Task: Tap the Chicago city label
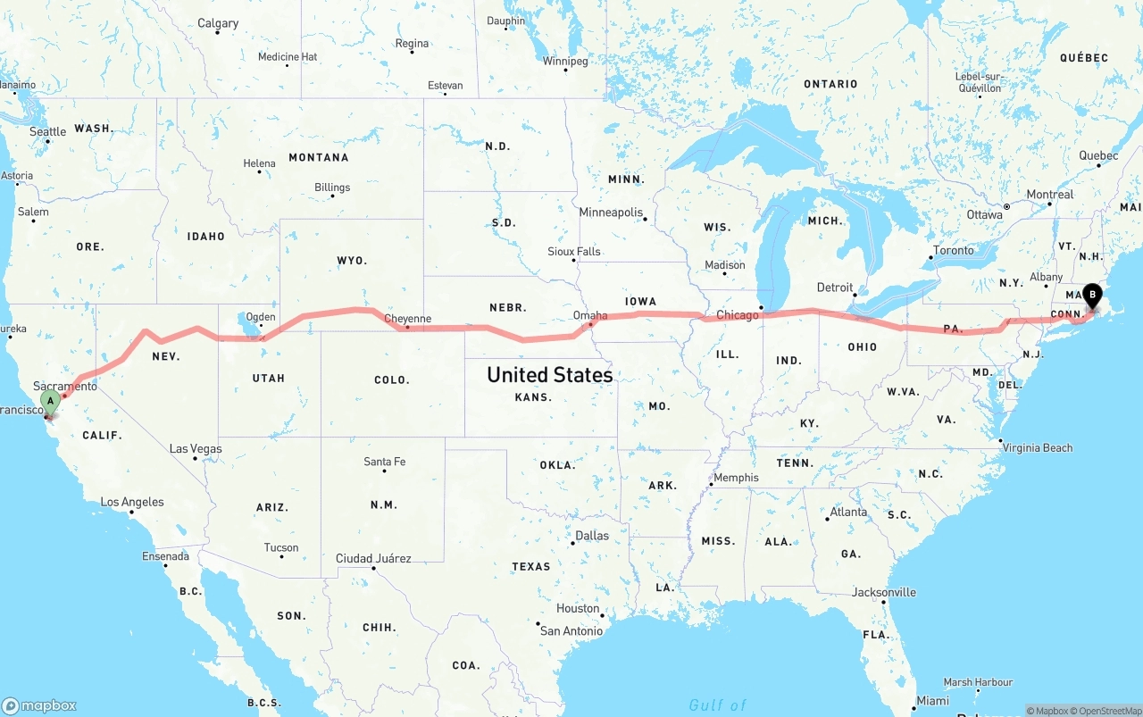[737, 315]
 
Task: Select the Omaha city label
[590, 316]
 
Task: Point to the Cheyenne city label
[407, 319]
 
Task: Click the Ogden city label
[261, 317]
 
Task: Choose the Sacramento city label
[65, 386]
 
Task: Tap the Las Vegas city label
[196, 449]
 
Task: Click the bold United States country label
[549, 375]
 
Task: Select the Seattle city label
[47, 132]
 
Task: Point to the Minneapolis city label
[611, 213]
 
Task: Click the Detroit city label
[835, 288]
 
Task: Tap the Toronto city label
[954, 251]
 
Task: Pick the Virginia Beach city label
[1037, 448]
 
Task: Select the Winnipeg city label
[565, 62]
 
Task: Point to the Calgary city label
[218, 23]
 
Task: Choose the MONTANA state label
[318, 158]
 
